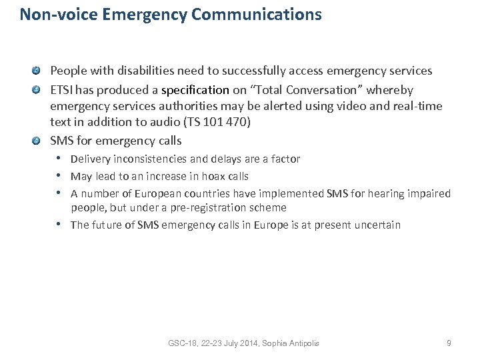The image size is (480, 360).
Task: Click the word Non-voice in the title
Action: (x=51, y=14)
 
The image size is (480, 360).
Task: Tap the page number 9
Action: (x=449, y=343)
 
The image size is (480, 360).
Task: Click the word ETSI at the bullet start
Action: (x=62, y=89)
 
